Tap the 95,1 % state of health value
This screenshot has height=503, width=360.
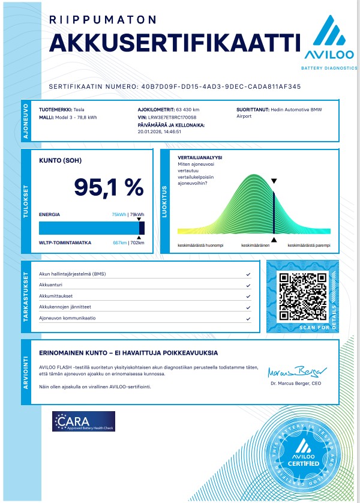109,187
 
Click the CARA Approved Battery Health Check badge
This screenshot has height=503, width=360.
83,421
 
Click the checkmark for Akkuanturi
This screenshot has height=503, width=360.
248,285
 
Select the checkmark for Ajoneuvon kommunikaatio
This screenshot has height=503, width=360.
248,318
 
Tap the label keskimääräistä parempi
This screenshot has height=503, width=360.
309,245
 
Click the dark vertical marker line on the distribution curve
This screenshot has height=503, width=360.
274,213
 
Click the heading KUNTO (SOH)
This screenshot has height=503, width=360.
61,161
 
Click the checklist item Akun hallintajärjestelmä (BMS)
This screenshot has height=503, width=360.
73,274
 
